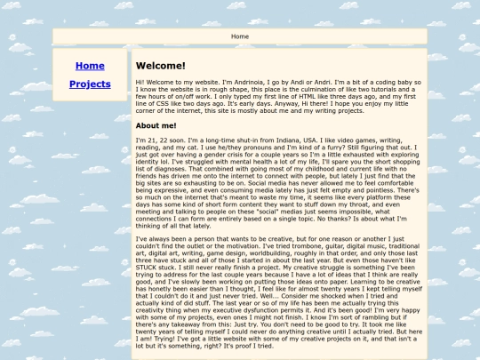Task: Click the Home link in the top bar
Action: tap(240, 36)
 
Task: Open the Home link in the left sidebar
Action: tap(90, 66)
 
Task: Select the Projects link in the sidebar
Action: tap(90, 84)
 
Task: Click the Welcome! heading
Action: tap(160, 66)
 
